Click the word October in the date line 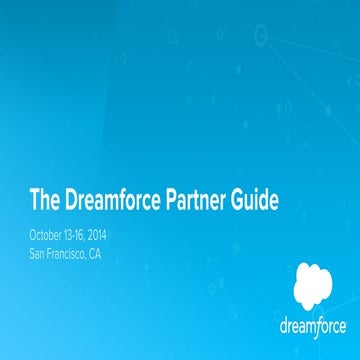(x=50, y=235)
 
